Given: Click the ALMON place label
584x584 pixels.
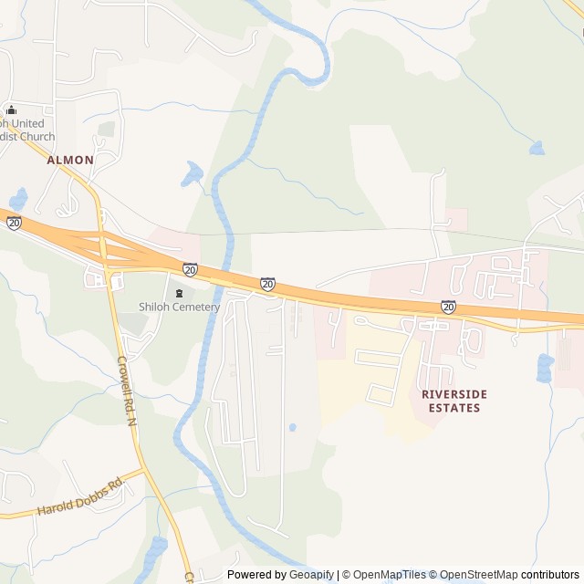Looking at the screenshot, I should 70,160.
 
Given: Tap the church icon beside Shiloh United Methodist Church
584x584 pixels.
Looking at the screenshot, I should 10,109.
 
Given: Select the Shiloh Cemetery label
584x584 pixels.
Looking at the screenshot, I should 179,308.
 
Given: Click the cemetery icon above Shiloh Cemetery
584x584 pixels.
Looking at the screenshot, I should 179,293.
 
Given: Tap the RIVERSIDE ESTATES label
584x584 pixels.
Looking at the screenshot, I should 454,401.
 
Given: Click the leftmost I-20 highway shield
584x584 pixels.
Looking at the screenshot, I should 14,223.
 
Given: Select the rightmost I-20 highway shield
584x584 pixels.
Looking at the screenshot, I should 448,307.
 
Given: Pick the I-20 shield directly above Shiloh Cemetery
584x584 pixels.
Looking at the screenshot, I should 190,269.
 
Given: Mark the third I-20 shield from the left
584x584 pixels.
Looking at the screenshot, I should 267,285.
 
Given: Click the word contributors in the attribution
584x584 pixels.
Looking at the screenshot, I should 550,575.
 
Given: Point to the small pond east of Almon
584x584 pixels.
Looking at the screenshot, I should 193,173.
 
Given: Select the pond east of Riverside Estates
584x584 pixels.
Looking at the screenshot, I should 545,368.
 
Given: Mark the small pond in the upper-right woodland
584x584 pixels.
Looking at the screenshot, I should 537,148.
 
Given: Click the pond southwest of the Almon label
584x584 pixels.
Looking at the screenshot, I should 18,198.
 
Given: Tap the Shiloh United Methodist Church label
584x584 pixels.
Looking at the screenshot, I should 27,130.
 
